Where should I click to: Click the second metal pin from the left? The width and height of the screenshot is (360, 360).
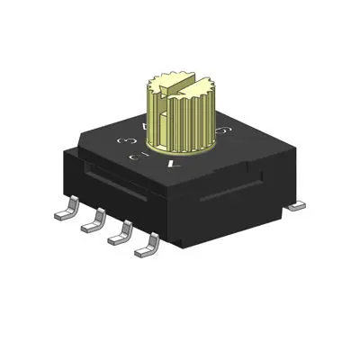(x=90, y=224)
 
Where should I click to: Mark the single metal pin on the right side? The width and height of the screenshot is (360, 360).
(x=293, y=206)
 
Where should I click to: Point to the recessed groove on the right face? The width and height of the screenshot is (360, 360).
(x=234, y=192)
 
